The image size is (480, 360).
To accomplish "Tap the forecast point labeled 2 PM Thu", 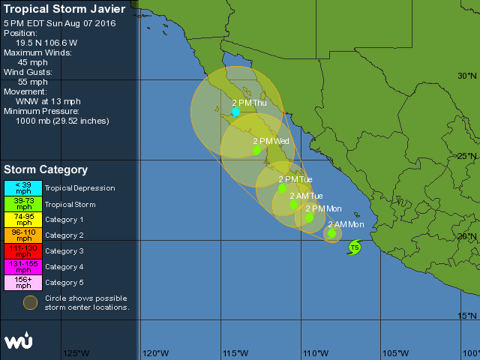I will (x=235, y=112).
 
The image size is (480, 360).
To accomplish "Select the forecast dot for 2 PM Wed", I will (x=256, y=150).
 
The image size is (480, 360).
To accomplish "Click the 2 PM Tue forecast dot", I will (x=282, y=188).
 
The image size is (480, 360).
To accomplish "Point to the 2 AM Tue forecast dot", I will (x=293, y=205).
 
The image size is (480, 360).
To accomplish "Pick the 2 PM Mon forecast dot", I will (x=309, y=217).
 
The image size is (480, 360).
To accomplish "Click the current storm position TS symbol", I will (x=355, y=247).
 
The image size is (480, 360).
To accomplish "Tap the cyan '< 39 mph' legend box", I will (x=23, y=188).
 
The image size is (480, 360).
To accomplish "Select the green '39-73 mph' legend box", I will (x=23, y=204).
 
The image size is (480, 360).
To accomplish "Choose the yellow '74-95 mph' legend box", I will (x=23, y=220).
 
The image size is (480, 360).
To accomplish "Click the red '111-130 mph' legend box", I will (x=23, y=251).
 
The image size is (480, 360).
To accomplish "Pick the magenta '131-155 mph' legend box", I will (x=23, y=267).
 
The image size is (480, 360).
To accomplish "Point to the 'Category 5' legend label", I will (x=64, y=283).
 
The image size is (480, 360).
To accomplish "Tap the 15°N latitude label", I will (x=467, y=316).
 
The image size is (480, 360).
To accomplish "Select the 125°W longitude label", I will (x=76, y=353).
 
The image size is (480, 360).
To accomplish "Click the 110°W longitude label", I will (x=315, y=353).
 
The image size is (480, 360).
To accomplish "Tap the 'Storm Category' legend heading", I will (x=46, y=170).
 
